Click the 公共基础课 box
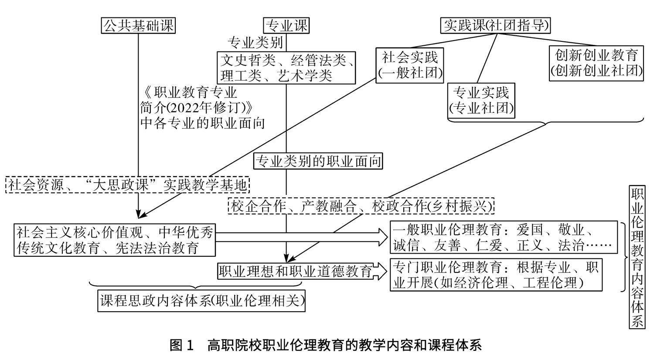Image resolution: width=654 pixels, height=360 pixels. pyautogui.click(x=138, y=26)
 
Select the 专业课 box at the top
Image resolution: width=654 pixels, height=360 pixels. pyautogui.click(x=286, y=26)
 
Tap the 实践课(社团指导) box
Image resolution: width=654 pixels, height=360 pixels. pyautogui.click(x=495, y=26)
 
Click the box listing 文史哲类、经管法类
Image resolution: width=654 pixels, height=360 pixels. pyautogui.click(x=287, y=67)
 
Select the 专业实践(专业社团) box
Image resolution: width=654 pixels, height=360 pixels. pyautogui.click(x=481, y=100)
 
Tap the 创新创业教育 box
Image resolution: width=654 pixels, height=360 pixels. pyautogui.click(x=596, y=63)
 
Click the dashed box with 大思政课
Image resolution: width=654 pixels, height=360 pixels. pyautogui.click(x=128, y=185)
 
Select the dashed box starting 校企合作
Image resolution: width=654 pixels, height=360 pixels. pyautogui.click(x=361, y=206)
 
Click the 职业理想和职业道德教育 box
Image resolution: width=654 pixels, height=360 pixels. pyautogui.click(x=295, y=271)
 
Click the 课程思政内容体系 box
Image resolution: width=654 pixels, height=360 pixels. pyautogui.click(x=201, y=301)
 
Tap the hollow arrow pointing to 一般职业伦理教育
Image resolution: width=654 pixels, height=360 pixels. pyautogui.click(x=301, y=238)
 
